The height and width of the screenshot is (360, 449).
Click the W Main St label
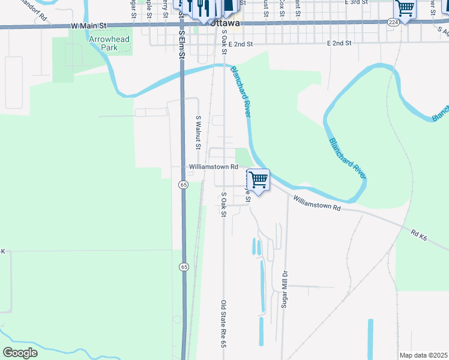[x=88, y=26]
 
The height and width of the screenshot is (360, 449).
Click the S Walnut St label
[x=197, y=133]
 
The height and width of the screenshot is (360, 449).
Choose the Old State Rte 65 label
[x=223, y=324]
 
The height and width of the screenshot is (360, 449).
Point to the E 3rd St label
[x=356, y=3]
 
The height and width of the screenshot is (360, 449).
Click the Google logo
[x=20, y=353]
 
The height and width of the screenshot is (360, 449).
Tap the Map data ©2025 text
[x=423, y=355]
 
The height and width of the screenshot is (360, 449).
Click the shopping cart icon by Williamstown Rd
[x=258, y=179]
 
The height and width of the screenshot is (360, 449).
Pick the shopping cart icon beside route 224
[x=405, y=8]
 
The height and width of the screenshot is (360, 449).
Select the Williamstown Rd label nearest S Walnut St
[x=214, y=167]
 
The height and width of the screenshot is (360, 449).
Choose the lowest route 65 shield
[x=184, y=266]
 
